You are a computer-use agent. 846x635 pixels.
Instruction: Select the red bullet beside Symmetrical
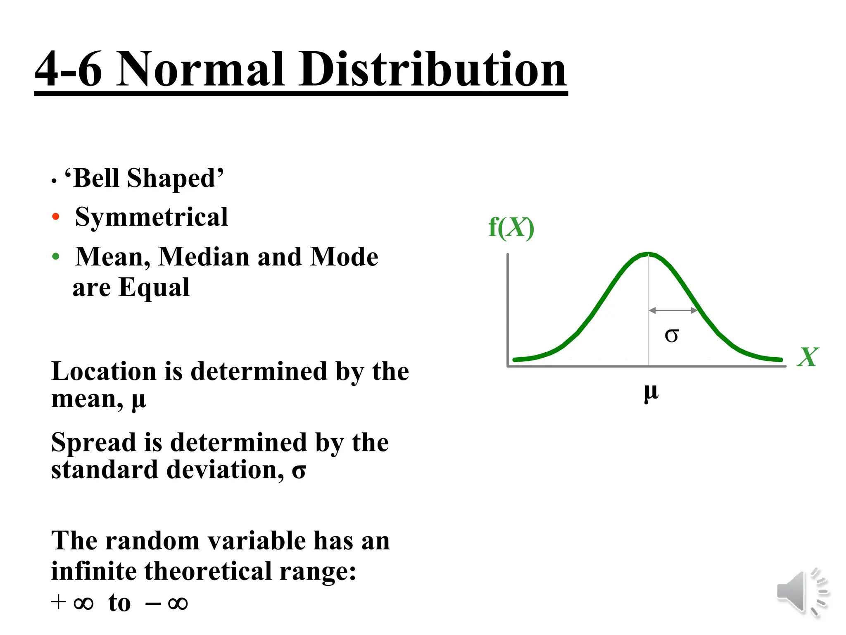coord(56,217)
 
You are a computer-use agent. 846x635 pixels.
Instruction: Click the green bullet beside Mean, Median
coord(56,256)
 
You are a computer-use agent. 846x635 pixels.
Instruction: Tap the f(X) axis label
coord(511,228)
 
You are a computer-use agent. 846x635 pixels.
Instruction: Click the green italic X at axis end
coord(807,357)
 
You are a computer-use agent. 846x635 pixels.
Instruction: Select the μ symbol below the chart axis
coord(651,393)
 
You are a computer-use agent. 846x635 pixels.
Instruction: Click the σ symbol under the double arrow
coord(672,335)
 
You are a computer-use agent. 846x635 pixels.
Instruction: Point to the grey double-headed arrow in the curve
coord(673,310)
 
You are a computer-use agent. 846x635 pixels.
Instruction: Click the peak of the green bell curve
coord(648,254)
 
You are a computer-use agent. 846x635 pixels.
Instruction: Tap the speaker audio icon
coord(802,592)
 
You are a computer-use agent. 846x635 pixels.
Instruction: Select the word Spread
coord(93,443)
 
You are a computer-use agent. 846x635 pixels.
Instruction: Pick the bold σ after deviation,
coord(299,471)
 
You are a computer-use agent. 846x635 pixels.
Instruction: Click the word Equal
coord(154,288)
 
